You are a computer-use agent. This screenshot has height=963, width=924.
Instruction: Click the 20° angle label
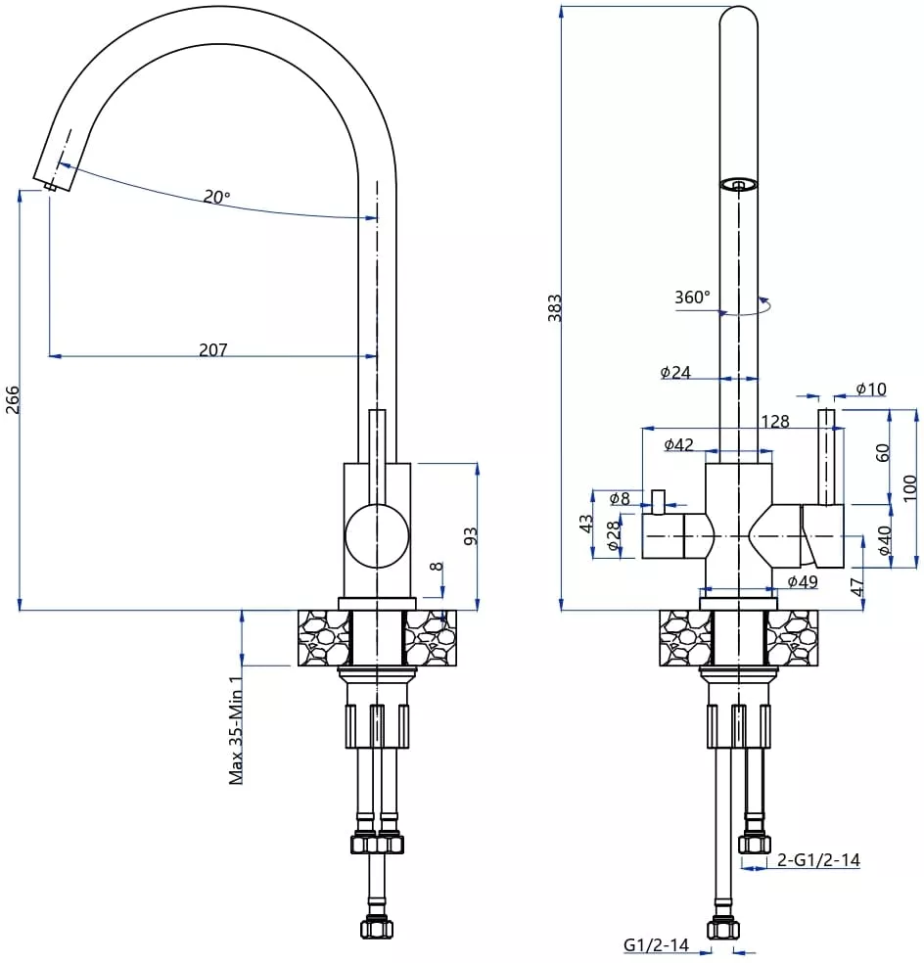217,197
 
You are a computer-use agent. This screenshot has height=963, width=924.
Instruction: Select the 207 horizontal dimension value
213,349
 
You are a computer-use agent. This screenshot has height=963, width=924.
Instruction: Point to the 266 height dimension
13,400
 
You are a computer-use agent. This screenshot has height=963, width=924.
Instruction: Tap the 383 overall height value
554,308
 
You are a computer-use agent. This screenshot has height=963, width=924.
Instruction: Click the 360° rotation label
692,298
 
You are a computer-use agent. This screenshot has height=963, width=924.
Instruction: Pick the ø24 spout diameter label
675,372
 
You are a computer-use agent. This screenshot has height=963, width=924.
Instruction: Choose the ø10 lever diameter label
871,389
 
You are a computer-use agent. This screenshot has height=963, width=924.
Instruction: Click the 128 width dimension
775,421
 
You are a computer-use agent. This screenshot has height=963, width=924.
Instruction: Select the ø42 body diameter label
679,444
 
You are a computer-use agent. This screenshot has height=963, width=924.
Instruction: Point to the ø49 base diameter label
803,581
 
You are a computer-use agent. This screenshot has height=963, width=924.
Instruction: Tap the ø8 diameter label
620,498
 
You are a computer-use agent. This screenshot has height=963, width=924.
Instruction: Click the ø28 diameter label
613,536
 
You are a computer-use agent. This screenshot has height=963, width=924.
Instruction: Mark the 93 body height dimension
470,536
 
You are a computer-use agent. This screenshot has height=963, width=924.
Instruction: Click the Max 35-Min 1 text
236,730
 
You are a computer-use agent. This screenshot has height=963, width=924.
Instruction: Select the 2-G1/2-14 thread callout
818,860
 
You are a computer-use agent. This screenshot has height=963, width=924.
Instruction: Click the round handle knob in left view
377,535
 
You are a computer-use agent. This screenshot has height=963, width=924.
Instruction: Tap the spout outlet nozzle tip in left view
50,186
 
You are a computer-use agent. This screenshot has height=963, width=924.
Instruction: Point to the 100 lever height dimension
910,487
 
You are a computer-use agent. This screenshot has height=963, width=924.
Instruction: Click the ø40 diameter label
885,540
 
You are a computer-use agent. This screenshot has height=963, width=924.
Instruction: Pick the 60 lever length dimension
882,453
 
